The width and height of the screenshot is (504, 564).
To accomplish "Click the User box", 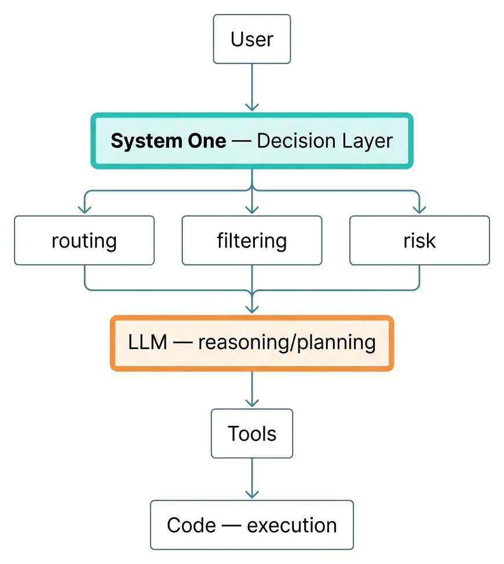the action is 251,39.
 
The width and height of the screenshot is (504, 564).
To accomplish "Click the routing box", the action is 84,241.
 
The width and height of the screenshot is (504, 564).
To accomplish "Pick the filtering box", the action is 251,241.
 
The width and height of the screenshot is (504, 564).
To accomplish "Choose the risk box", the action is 419,241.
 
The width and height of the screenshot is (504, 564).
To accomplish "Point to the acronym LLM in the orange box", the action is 147,342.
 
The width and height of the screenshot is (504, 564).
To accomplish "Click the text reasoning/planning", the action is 287,343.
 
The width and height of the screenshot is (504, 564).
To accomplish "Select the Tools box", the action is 251,433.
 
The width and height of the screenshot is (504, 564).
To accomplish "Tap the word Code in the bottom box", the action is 191,525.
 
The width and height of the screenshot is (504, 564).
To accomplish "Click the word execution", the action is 291,526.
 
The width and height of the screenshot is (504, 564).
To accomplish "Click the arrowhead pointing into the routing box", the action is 84,209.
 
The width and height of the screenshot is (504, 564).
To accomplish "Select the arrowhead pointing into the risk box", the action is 419,209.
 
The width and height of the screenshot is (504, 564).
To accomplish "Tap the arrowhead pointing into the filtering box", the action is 251,209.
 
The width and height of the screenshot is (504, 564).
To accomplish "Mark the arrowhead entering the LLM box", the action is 251,309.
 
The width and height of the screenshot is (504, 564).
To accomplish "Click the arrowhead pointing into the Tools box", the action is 251,402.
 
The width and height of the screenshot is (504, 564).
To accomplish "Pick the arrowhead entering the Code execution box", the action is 251,494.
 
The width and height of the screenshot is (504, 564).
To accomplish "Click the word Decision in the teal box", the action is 297,141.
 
